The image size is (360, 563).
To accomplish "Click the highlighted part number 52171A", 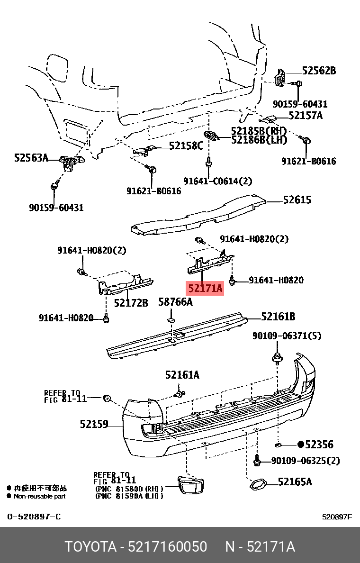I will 205,288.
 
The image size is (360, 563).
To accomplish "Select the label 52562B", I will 319,71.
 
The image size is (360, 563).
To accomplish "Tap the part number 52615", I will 297,200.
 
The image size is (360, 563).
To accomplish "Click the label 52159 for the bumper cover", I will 94,424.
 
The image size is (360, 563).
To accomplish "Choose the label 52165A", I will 295,482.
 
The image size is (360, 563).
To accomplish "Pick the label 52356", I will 319,445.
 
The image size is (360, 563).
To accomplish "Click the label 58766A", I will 175,302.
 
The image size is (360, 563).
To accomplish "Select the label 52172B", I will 131,302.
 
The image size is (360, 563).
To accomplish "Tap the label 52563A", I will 31,158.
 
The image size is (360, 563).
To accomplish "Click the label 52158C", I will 186,146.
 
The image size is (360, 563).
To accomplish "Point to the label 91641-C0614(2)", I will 218,181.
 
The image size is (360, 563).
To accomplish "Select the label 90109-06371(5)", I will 287,336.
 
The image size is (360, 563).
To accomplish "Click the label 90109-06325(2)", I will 306,461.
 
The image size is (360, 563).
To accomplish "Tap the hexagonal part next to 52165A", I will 258,485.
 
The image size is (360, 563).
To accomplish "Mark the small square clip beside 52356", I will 279,445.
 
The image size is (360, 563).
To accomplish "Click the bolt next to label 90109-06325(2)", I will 258,460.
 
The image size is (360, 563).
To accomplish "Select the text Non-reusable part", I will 39,496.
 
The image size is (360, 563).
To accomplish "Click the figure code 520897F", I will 337,517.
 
